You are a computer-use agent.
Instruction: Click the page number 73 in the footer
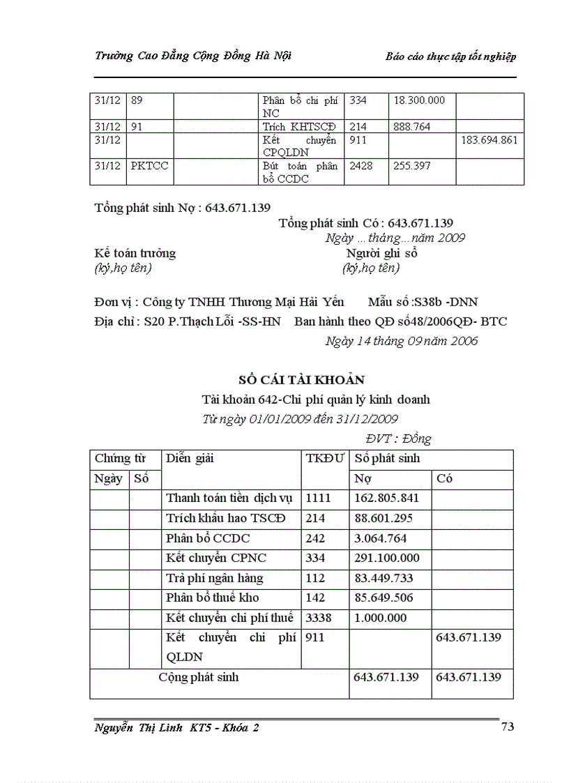[507, 727]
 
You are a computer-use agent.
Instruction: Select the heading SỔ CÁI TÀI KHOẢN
[301, 379]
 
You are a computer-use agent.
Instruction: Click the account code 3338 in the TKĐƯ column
[318, 618]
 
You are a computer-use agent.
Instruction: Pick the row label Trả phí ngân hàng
[211, 578]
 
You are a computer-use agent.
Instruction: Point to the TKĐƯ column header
[325, 458]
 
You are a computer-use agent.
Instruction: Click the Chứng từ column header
[120, 458]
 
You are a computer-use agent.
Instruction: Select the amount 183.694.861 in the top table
[490, 140]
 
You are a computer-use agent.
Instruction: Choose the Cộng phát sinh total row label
[199, 677]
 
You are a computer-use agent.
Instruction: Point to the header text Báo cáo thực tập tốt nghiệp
[450, 57]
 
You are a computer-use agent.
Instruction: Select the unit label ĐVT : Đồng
[398, 439]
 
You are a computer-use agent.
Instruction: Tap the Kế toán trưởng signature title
[135, 253]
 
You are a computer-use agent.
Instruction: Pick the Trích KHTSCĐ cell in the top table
[299, 126]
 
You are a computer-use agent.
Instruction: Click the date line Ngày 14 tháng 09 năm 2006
[401, 341]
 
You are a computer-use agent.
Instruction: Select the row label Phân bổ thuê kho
[211, 598]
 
